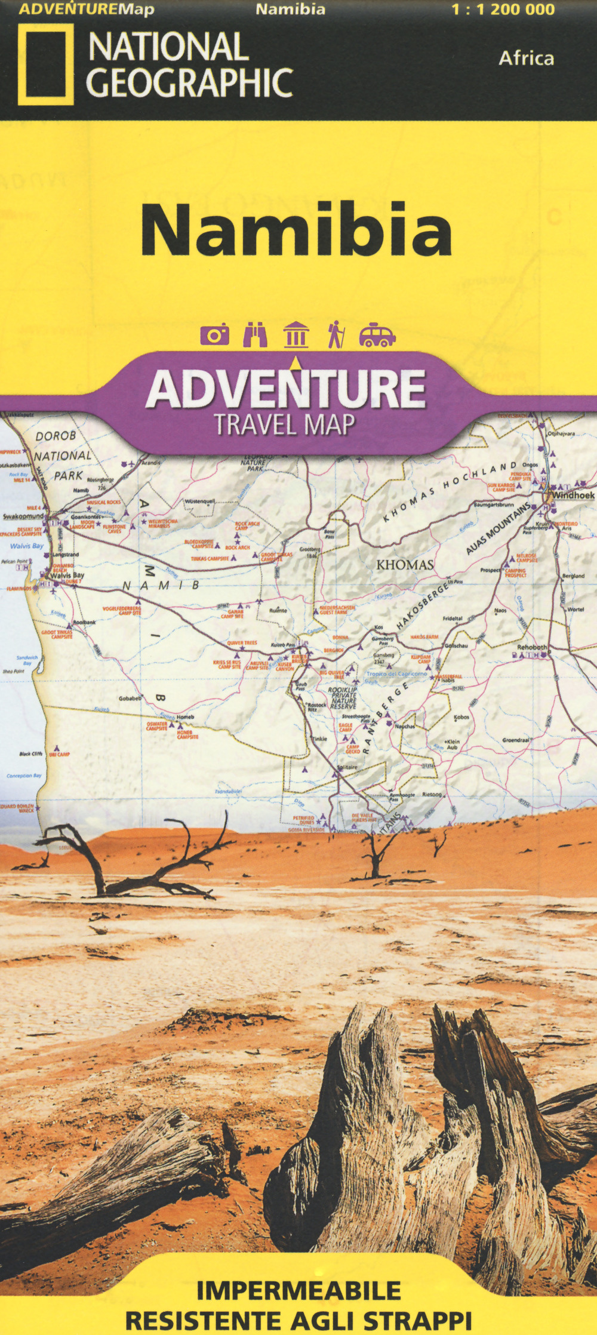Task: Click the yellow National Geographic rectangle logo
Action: [45, 64]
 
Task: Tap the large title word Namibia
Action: [296, 230]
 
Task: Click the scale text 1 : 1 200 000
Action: [503, 10]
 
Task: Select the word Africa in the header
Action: [526, 59]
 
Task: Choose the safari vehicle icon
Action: [377, 335]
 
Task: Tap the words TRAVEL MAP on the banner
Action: [285, 424]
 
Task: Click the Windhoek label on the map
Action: [573, 495]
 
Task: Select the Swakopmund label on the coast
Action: [23, 516]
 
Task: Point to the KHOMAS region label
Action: [405, 564]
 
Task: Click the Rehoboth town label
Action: [531, 647]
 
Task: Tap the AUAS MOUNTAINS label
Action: [498, 528]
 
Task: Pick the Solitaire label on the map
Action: [347, 767]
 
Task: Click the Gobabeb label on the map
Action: [130, 698]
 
